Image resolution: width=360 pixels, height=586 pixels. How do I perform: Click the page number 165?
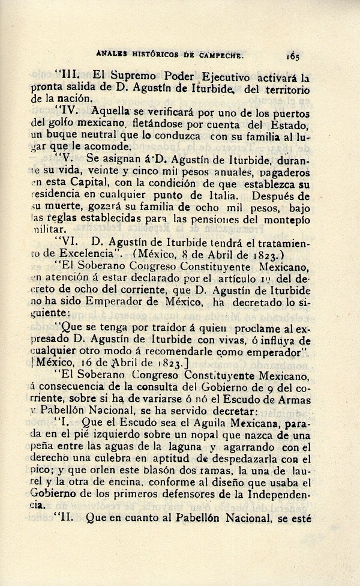tap(293, 56)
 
